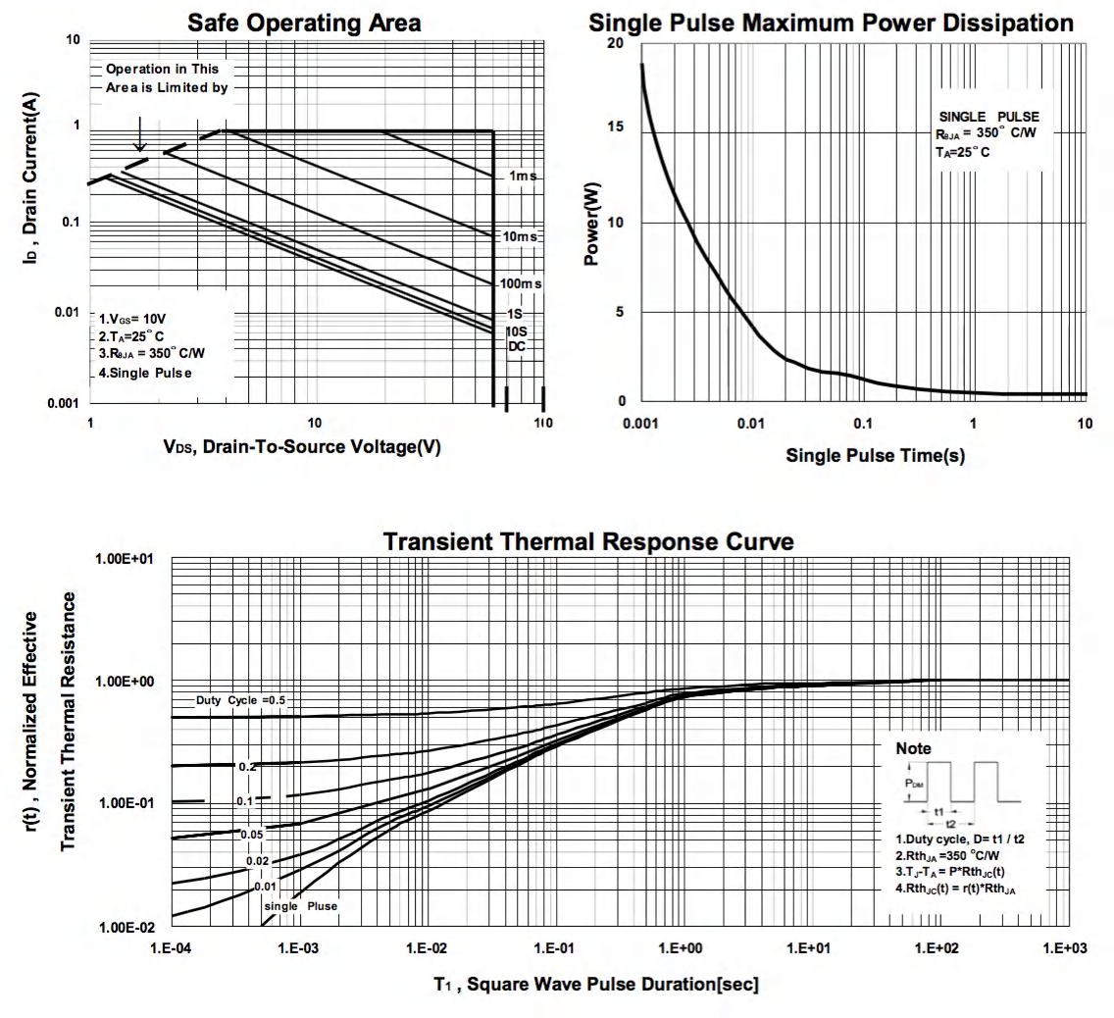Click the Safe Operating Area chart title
(x=305, y=22)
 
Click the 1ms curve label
(x=522, y=177)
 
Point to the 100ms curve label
(x=520, y=283)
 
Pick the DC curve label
(x=517, y=346)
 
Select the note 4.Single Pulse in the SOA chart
(x=144, y=373)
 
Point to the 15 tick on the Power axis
(x=617, y=132)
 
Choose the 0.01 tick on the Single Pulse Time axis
(x=750, y=423)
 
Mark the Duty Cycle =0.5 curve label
(x=240, y=700)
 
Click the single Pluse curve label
(x=302, y=906)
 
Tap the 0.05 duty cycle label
(x=252, y=835)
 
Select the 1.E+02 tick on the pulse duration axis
(x=938, y=948)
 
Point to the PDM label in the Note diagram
(x=913, y=784)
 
